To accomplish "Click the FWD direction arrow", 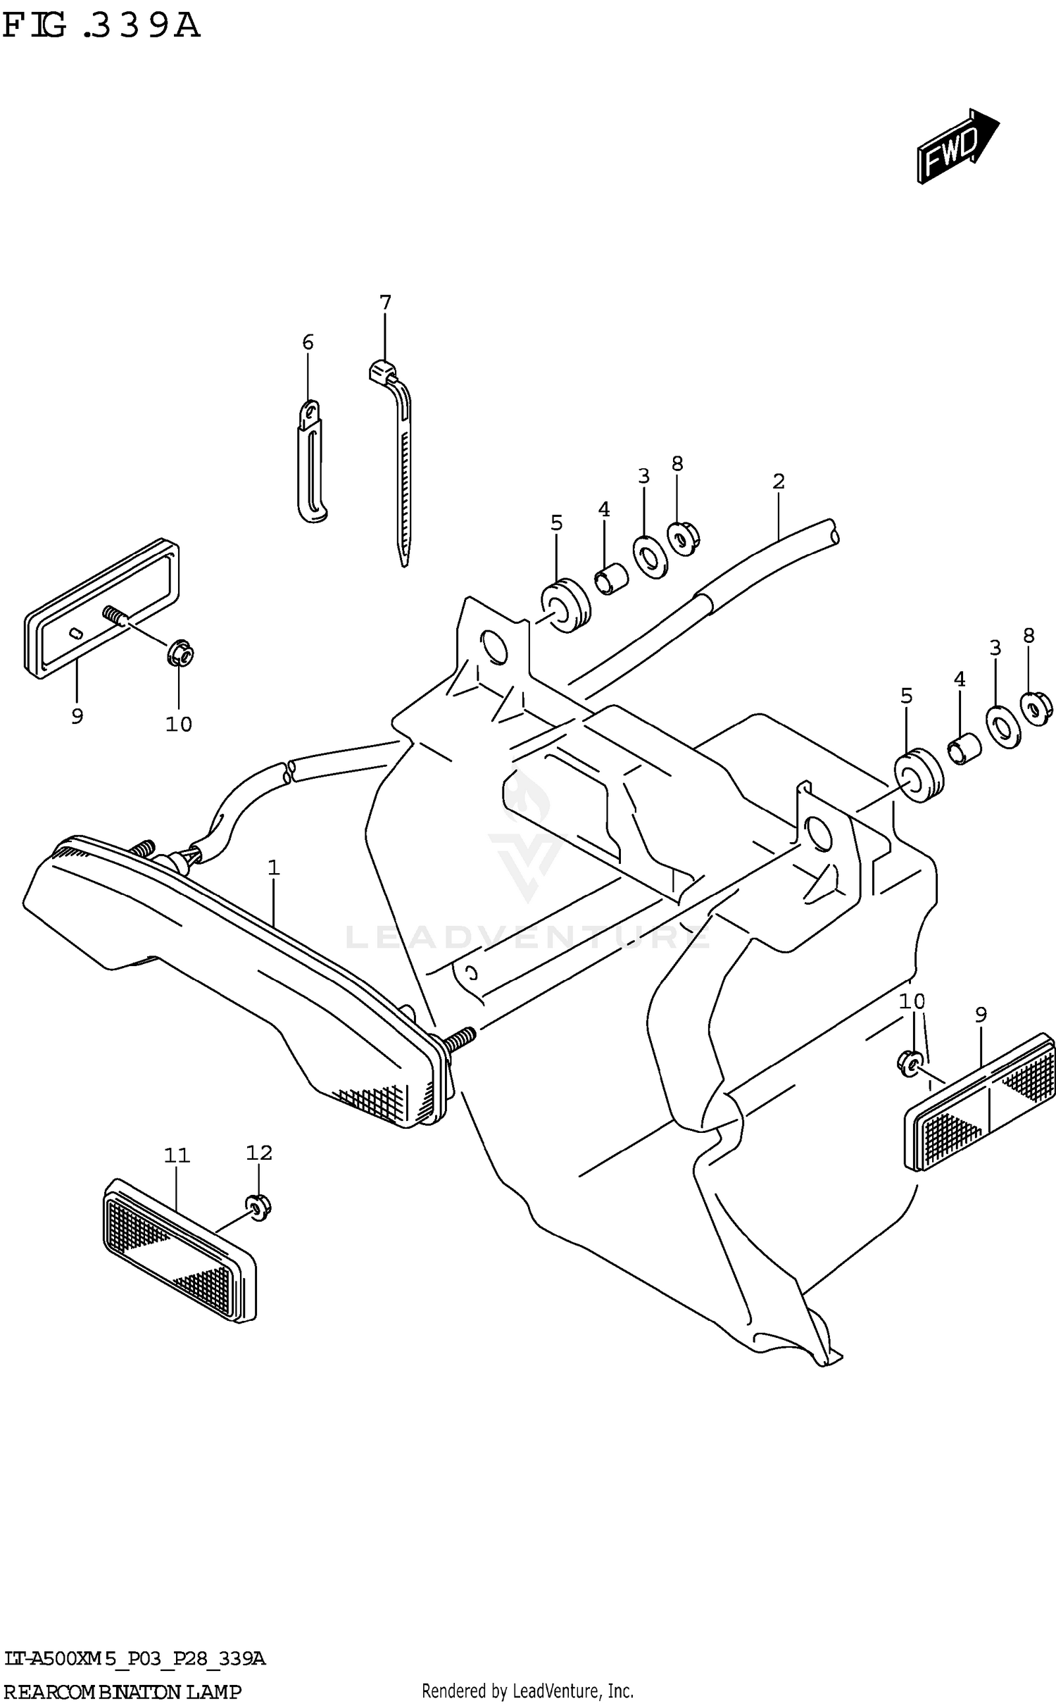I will coord(957,146).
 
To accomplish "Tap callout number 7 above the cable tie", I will coord(385,303).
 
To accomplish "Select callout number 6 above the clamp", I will coord(308,343).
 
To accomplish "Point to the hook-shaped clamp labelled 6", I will coord(310,465).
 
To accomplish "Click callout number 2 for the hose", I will coord(778,482).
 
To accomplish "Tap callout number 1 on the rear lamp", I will coord(274,868).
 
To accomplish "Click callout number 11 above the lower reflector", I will coord(177,1155).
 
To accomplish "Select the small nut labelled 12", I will coord(259,1208).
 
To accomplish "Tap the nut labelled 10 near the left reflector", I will coord(180,655).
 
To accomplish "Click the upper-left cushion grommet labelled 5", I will coord(565,606).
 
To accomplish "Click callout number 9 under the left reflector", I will coord(77,716).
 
